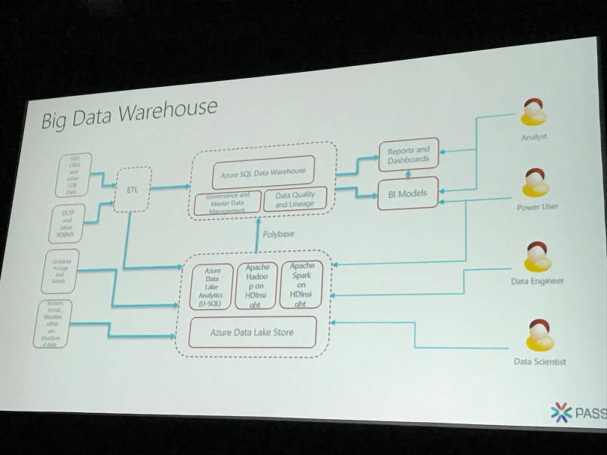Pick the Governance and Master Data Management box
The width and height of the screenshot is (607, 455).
tap(227, 202)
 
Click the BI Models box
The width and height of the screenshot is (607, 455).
tap(407, 193)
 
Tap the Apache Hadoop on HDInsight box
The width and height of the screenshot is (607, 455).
tap(256, 286)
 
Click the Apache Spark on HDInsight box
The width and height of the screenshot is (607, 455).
tap(300, 284)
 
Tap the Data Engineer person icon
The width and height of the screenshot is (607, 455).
tap(539, 259)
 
